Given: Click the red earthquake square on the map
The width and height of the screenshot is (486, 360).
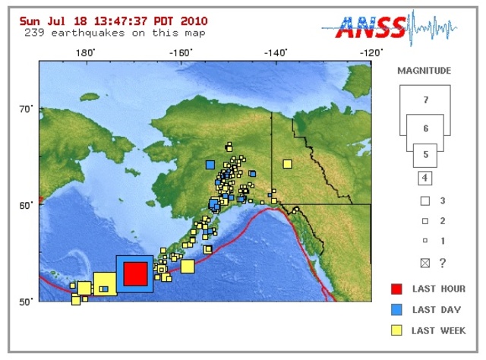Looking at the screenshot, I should click(135, 273).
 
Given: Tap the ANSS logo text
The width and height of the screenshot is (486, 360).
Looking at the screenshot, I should click(372, 30).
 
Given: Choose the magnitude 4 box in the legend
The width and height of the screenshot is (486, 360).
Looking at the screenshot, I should click(425, 179).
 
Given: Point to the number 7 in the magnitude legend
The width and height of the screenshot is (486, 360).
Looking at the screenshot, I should click(425, 100).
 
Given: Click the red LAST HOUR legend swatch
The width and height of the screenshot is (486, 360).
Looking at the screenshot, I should click(396, 289).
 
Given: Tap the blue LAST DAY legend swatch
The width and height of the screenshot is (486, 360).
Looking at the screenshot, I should click(396, 309).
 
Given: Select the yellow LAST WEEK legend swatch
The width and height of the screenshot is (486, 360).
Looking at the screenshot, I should click(396, 330).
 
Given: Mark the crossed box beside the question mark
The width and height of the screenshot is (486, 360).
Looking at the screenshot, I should click(425, 263).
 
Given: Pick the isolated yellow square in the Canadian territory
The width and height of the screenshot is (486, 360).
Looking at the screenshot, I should click(287, 164).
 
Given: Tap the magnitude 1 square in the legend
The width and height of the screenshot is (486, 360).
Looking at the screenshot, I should click(425, 240).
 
